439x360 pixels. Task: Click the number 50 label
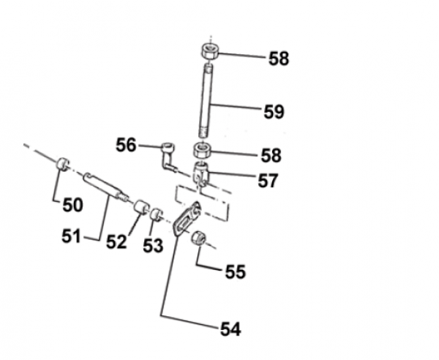coord(72,205)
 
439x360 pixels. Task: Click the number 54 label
coord(230,329)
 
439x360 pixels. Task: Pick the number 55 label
coord(236,271)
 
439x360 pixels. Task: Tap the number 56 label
coord(127,146)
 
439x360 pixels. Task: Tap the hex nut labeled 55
coord(198,239)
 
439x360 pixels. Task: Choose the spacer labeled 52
coord(140,207)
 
